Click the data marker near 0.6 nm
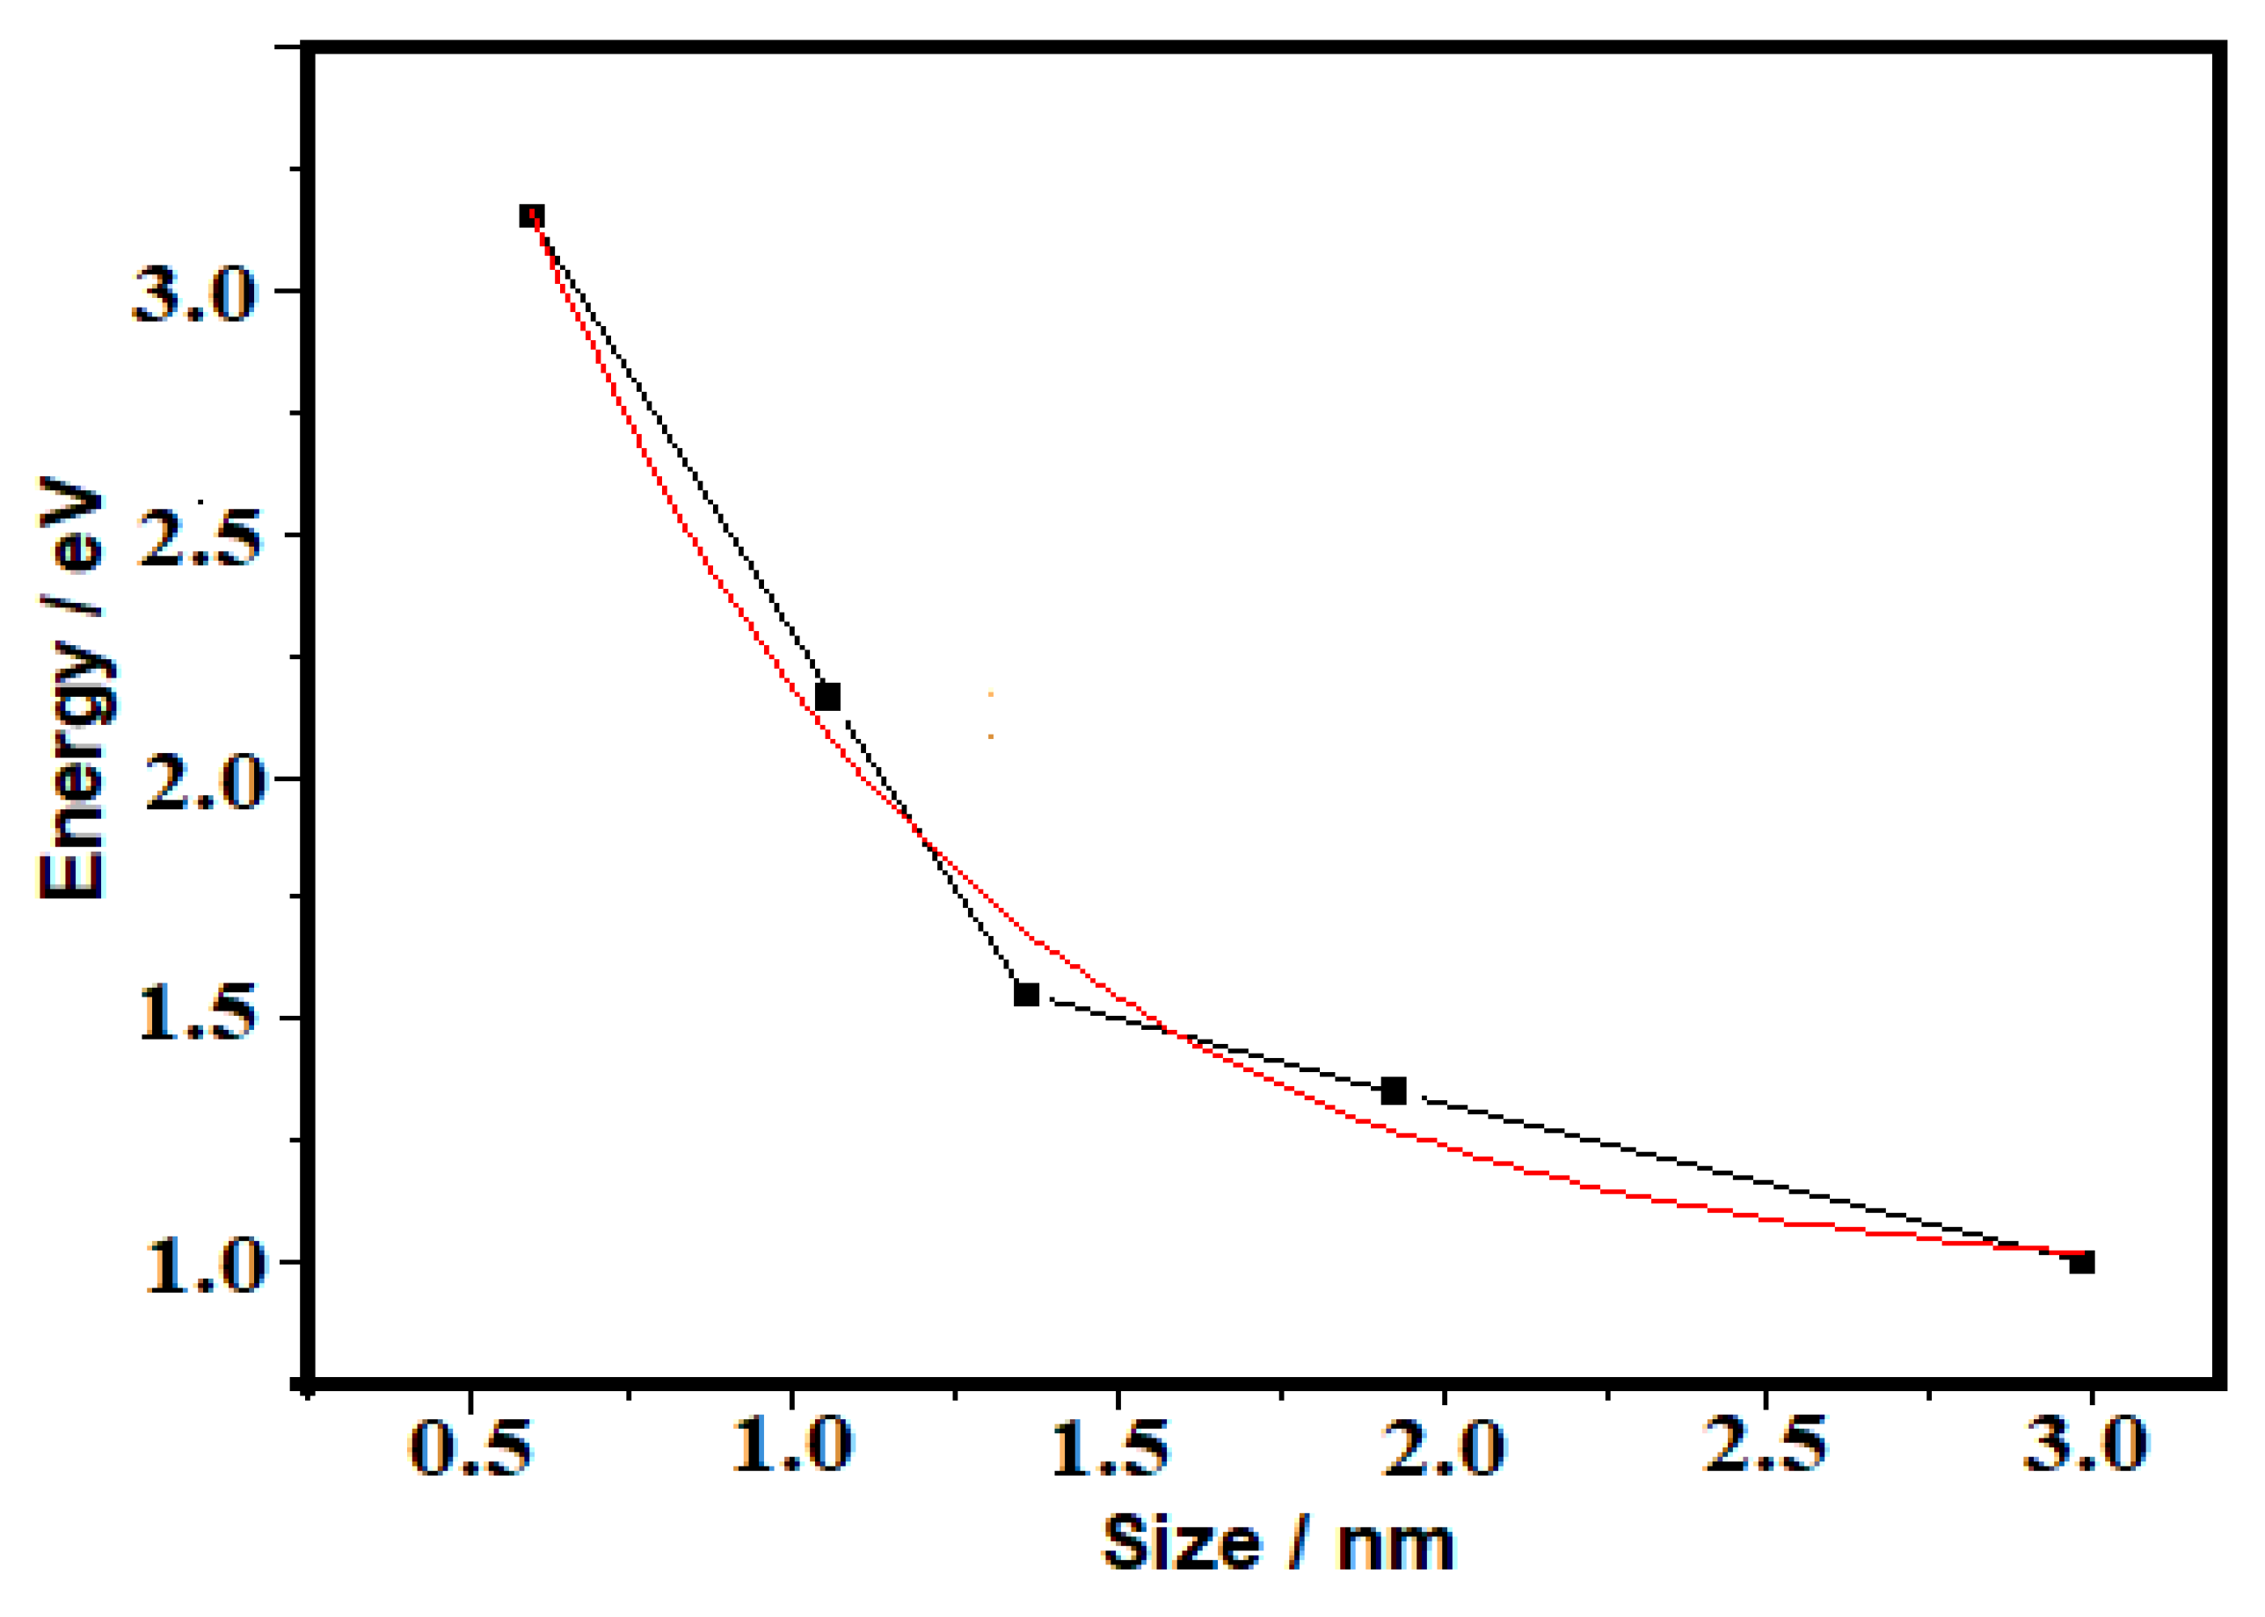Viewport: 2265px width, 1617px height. (532, 216)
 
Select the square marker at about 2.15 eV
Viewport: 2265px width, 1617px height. (827, 696)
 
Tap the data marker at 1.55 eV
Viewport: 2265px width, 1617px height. (1027, 994)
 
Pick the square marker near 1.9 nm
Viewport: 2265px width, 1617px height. (1395, 1091)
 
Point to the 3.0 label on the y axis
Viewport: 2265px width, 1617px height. (194, 294)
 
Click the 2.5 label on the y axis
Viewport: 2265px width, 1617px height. (197, 538)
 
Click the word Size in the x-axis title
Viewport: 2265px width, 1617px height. (1182, 1543)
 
